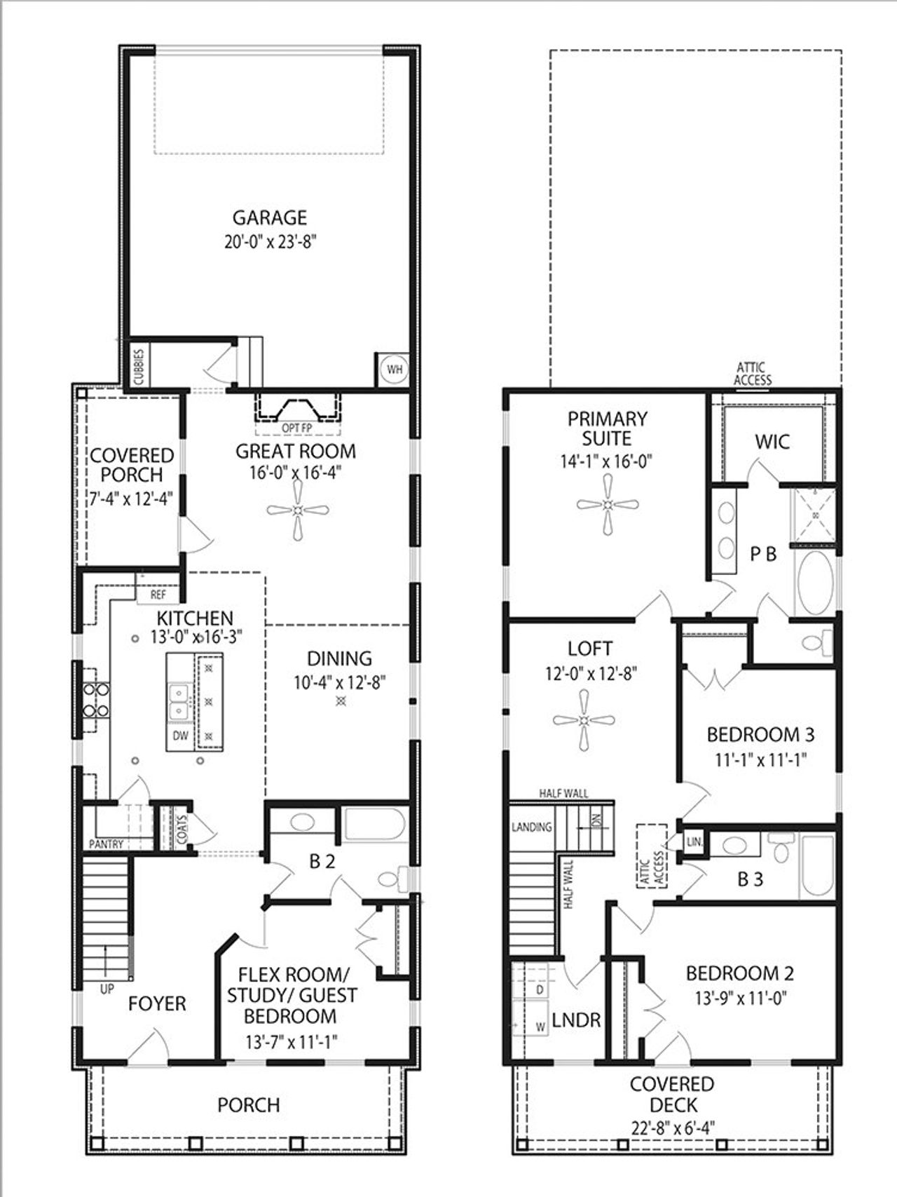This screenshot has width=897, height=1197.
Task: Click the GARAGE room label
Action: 270,217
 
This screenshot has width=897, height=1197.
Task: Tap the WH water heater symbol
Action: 395,369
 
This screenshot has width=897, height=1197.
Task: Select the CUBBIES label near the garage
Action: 139,366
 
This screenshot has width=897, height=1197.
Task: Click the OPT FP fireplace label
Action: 297,428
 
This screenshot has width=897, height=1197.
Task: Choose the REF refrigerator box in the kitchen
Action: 158,595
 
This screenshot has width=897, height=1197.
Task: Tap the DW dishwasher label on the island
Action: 180,736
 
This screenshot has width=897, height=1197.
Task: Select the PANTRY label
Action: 106,844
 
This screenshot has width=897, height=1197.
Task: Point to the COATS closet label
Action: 182,827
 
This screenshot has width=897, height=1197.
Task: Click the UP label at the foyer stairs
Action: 107,990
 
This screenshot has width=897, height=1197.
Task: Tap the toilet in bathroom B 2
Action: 392,879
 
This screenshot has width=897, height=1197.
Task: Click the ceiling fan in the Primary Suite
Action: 608,504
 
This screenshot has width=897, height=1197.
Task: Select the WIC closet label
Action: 772,442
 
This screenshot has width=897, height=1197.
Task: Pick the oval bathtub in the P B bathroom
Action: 814,583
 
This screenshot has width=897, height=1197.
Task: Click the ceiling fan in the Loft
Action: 584,720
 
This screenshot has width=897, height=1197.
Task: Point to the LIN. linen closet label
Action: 694,841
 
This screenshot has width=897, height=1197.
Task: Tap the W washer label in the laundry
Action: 540,1027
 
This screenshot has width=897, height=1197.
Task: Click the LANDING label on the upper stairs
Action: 531,827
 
